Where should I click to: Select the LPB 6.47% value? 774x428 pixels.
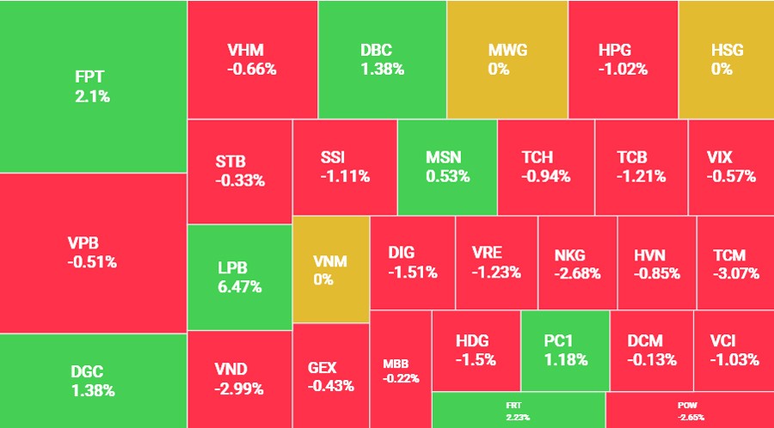click(x=239, y=287)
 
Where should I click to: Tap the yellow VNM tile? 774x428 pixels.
click(x=331, y=269)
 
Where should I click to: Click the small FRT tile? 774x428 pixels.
click(x=519, y=410)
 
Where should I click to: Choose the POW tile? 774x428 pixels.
click(x=690, y=410)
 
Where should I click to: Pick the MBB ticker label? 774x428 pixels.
click(x=396, y=363)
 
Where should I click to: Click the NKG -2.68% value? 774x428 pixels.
click(x=577, y=273)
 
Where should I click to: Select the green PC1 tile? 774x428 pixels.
click(x=565, y=351)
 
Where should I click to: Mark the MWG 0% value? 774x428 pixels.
click(x=499, y=69)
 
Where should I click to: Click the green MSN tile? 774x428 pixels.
click(x=447, y=167)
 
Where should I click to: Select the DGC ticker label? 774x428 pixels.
click(x=87, y=372)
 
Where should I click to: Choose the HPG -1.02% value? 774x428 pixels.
click(x=623, y=69)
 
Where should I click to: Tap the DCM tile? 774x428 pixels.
click(x=651, y=351)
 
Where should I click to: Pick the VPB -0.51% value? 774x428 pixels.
click(x=92, y=262)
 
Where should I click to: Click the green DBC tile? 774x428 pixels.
click(x=382, y=58)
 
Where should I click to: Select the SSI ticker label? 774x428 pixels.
click(x=333, y=157)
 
